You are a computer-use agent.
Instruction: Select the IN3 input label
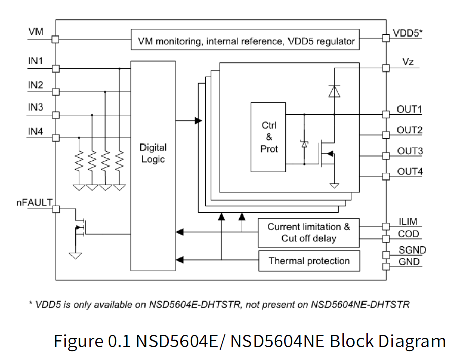click(x=35, y=107)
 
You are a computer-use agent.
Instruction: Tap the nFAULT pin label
click(x=33, y=203)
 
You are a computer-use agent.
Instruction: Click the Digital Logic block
click(x=153, y=153)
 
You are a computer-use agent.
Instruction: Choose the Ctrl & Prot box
click(x=269, y=137)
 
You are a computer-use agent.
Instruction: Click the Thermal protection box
click(x=309, y=261)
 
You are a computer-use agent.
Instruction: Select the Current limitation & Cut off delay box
click(x=309, y=233)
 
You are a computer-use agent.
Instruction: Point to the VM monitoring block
click(x=245, y=41)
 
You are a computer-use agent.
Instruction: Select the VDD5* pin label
click(x=408, y=33)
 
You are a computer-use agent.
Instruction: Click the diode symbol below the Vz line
click(x=334, y=91)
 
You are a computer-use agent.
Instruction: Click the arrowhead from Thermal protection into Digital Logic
click(x=178, y=261)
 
